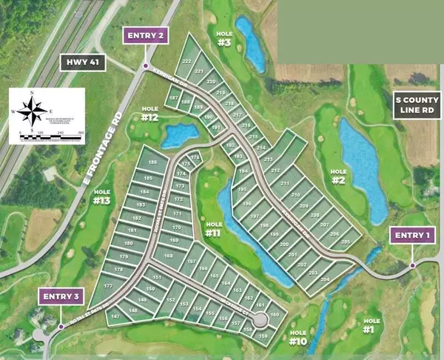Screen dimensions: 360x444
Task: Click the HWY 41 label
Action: [82, 63]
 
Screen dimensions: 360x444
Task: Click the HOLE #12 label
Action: [150, 114]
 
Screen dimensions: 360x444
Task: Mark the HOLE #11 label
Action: [213, 229]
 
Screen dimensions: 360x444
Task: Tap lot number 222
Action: [187, 61]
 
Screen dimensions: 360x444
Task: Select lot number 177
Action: [108, 286]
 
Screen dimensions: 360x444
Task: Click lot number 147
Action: [115, 316]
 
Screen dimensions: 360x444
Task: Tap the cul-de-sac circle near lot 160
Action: [260, 320]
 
